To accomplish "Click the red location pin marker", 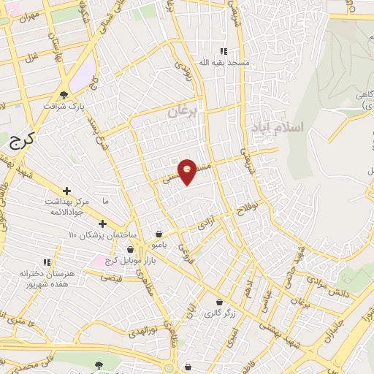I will [x=188, y=171].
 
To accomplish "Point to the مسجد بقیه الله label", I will [x=224, y=64].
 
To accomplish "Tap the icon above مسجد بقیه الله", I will [x=224, y=51].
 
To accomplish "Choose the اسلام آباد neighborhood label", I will [x=275, y=128].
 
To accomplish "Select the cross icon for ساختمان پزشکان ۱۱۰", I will [x=102, y=224].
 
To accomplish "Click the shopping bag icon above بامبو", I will [x=159, y=234].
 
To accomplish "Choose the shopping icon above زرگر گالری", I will [x=219, y=302].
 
